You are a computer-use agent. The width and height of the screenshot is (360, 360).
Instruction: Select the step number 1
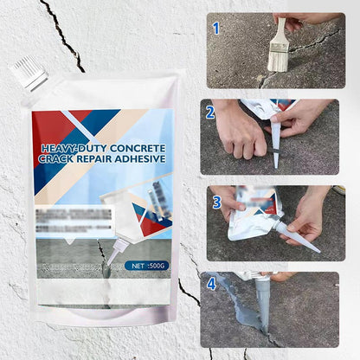click(x=215, y=29)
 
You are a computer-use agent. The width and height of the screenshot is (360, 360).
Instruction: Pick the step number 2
click(x=210, y=112)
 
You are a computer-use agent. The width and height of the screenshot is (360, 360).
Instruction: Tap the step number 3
click(x=216, y=202)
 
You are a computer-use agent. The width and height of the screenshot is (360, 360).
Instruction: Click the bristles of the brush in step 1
click(x=278, y=57)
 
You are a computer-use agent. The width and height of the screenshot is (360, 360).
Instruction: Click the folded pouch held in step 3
click(x=246, y=216)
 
